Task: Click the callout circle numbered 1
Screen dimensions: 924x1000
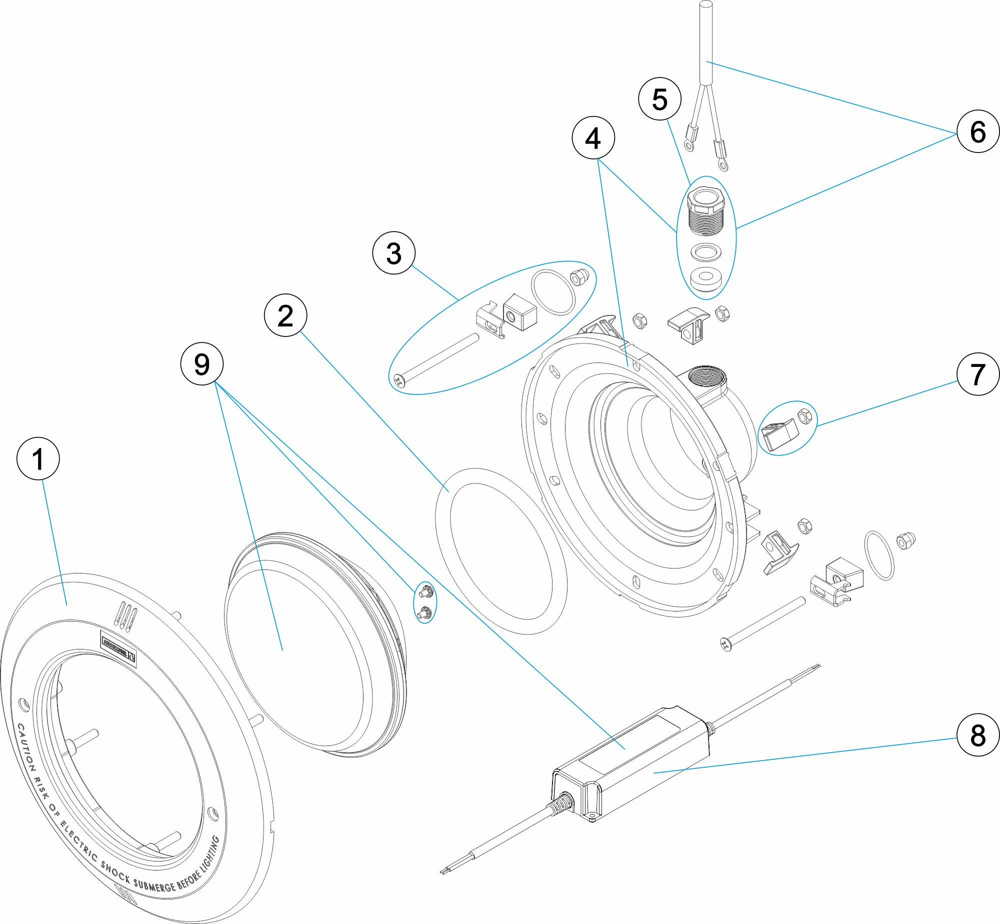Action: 38,458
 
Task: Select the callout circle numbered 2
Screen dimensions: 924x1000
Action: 285,315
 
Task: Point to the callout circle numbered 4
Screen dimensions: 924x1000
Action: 593,137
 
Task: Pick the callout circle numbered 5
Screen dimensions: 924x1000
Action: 659,98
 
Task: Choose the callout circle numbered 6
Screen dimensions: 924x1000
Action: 977,131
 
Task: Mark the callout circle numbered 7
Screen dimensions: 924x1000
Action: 977,374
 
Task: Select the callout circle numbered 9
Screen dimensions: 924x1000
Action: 201,363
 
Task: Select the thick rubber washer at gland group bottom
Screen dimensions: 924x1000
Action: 706,280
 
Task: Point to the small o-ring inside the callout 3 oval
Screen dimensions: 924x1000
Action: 553,292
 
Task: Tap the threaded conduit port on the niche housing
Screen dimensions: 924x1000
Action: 704,376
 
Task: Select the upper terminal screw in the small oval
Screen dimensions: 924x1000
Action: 425,592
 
